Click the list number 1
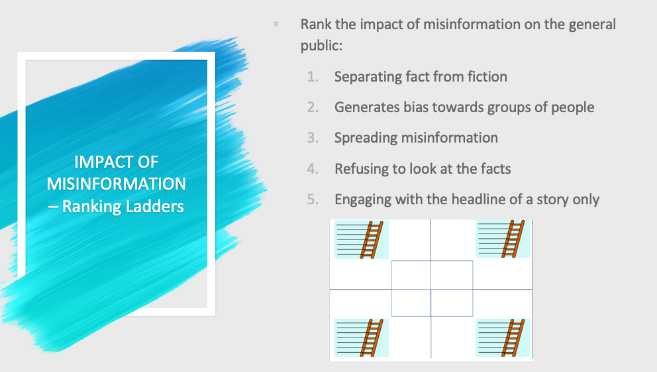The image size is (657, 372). [313, 77]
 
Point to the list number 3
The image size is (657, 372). [313, 138]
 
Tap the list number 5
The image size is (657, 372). [313, 200]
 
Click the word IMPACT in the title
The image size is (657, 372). [100, 162]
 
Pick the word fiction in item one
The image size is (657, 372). [485, 77]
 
